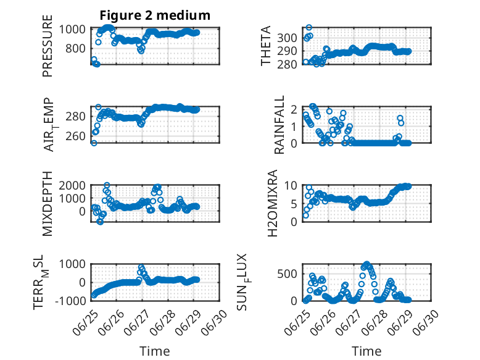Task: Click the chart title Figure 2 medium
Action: pos(155,15)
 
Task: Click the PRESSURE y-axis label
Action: pos(48,46)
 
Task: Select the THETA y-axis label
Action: pos(266,46)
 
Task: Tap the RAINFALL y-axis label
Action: pos(279,125)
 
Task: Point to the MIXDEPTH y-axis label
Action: pos(48,204)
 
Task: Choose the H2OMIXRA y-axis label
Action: pos(272,203)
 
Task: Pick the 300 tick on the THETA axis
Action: pos(287,38)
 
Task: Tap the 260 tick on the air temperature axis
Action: pos(75,136)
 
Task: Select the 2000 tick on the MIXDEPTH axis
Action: pos(72,185)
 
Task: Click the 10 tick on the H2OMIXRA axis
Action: pos(291,185)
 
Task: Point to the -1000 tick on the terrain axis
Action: pos(70,301)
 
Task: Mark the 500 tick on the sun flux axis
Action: pos(287,274)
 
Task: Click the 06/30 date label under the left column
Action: pos(215,322)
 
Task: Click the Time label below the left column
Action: pos(155,351)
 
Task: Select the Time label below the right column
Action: pos(366,351)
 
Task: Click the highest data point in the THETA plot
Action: pos(309,28)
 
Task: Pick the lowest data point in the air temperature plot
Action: pos(94,143)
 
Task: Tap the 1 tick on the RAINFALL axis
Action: pos(294,126)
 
